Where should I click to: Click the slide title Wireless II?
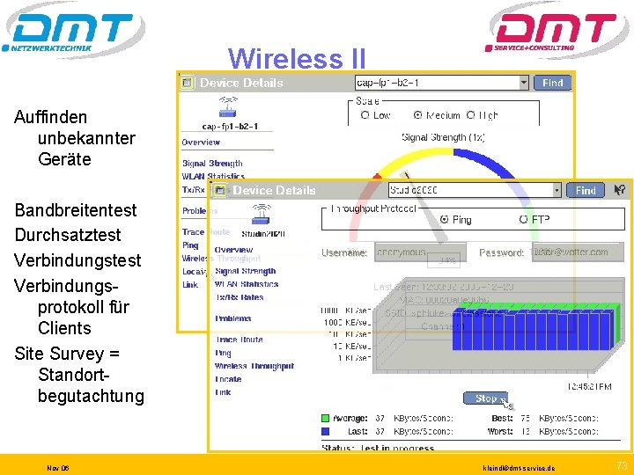296,59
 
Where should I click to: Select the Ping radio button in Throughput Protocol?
444,219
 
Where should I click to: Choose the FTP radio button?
524,219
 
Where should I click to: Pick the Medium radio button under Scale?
417,115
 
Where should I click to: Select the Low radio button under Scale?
365,115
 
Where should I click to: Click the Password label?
501,252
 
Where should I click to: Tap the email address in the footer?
520,468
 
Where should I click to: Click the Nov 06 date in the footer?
59,468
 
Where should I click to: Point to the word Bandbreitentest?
76,210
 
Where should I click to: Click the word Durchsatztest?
68,235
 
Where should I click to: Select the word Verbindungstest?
77,260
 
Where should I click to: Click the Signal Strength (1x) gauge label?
443,137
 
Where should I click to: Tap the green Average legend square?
325,418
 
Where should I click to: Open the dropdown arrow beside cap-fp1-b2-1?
524,83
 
